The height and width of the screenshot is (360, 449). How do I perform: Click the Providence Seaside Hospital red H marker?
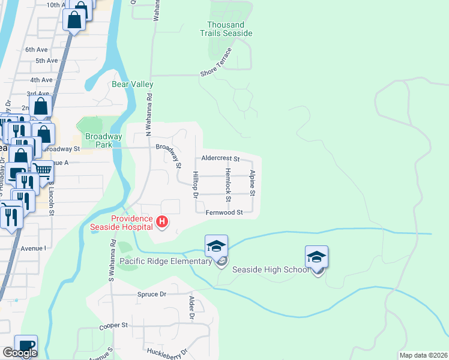161,223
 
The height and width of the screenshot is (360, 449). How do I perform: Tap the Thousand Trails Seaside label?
229,29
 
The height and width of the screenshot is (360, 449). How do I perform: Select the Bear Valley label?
133,85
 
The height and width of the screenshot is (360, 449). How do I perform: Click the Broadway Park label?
104,140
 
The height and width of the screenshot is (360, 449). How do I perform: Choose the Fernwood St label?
224,212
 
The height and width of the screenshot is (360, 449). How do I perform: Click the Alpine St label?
253,183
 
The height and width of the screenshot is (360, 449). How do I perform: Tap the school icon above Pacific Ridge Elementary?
216,246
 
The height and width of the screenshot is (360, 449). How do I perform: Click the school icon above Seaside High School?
316,257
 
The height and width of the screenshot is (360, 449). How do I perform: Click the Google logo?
20,353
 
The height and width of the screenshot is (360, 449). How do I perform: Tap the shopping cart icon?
42,169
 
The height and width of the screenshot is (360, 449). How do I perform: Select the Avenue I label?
33,247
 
